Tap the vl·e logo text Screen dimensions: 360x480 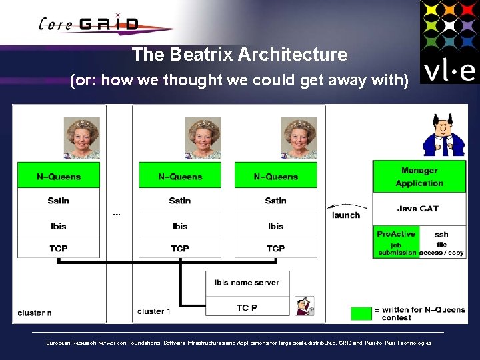tap(449, 69)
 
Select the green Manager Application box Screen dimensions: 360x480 tap(419, 177)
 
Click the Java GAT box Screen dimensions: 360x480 tap(418, 209)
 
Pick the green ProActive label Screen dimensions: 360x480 tap(395, 234)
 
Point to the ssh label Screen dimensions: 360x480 tap(441, 235)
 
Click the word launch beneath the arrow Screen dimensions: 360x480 tap(345, 215)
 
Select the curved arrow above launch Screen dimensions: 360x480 tap(347, 206)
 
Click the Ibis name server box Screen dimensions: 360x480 tap(247, 282)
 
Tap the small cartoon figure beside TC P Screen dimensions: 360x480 tap(305, 305)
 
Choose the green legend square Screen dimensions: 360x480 tap(361, 313)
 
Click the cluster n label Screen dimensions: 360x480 tap(35, 313)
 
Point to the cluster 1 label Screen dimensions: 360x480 tap(154, 311)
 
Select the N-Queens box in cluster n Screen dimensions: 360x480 tap(59, 177)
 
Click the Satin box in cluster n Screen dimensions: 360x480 tap(59, 201)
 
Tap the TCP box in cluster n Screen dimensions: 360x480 tap(59, 249)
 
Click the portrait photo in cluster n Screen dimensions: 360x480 tap(81, 139)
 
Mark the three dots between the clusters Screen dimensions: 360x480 tap(117, 215)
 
